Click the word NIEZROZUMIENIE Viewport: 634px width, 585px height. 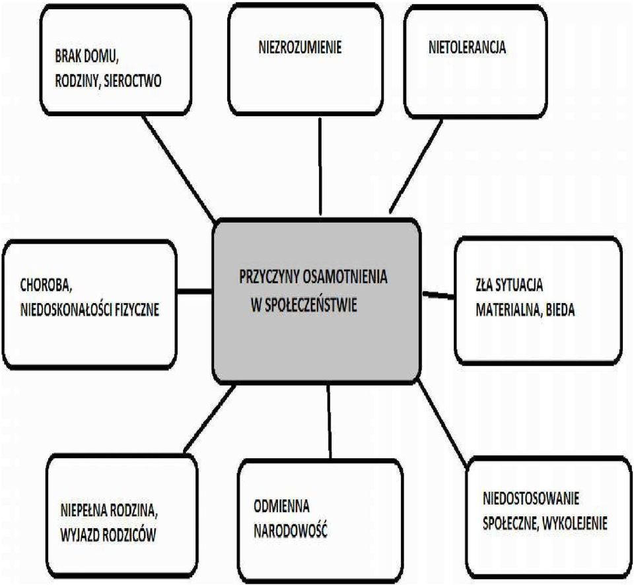tap(300, 48)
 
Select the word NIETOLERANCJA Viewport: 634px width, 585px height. tap(467, 48)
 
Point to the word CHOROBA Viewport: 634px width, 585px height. tap(46, 285)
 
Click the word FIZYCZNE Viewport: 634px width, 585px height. tap(137, 310)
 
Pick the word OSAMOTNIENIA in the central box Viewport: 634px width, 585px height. tap(345, 277)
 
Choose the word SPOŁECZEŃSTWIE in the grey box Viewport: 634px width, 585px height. tap(310, 305)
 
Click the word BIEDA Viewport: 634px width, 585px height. tap(561, 310)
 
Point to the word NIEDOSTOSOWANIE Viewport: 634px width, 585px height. tap(531, 498)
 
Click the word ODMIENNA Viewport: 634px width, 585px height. tap(281, 506)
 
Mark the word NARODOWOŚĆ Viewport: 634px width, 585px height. tap(290, 532)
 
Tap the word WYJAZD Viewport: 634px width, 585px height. tap(79, 535)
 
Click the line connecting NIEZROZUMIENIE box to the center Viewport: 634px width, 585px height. tap(320, 166)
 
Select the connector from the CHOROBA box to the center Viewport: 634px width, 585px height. tap(195, 291)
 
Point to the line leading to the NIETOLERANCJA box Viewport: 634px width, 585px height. tap(415, 166)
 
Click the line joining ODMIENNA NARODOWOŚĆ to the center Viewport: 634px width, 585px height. tap(329, 421)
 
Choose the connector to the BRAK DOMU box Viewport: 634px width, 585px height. tap(179, 169)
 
